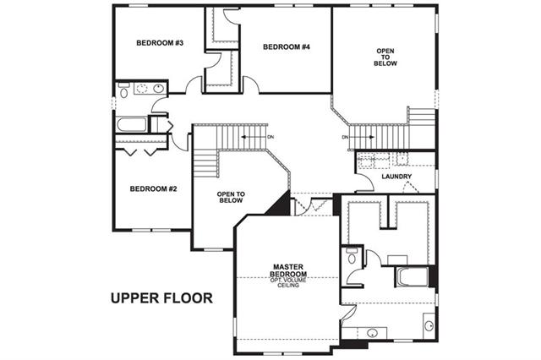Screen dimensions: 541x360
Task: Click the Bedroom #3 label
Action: click(160, 43)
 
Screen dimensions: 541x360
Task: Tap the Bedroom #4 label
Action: click(287, 46)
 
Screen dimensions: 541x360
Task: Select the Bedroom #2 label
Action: click(154, 189)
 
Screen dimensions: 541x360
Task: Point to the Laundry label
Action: click(396, 177)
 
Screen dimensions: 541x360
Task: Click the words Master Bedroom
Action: click(288, 270)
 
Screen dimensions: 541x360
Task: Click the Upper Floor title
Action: click(161, 298)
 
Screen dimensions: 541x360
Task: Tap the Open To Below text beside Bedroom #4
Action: click(385, 57)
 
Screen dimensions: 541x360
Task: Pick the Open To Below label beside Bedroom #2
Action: click(231, 197)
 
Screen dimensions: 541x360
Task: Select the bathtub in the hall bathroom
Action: click(132, 124)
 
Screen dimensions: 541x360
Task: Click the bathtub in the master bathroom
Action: click(413, 276)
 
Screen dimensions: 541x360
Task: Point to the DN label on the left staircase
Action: click(270, 137)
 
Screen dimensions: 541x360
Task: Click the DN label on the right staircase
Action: click(346, 137)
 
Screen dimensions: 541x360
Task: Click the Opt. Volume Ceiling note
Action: click(288, 283)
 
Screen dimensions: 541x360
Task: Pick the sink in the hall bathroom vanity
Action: click(158, 88)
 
